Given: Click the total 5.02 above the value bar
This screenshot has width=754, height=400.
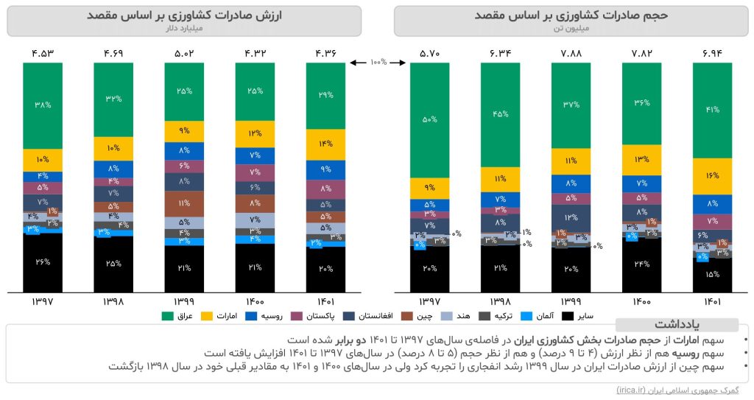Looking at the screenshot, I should (x=184, y=53).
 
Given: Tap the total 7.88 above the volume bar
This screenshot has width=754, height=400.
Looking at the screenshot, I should (x=571, y=53).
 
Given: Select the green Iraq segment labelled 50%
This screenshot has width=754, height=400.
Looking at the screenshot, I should (x=430, y=119).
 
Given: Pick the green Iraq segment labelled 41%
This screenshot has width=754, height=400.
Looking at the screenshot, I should (x=713, y=110).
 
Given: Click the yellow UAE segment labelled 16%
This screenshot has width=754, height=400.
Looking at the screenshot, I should (x=713, y=176).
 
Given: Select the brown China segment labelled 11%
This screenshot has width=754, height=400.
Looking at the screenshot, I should (x=184, y=203).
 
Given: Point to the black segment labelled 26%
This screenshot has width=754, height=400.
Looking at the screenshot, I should (x=43, y=262).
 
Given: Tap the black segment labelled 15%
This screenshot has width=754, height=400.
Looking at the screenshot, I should (x=713, y=275).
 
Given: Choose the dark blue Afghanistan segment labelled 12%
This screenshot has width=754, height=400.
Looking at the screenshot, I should (x=571, y=218).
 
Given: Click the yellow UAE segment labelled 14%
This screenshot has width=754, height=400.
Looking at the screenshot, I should (x=325, y=144).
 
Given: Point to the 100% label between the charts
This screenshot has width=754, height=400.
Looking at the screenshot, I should (x=378, y=63).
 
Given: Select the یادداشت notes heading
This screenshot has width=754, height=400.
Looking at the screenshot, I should (x=675, y=325).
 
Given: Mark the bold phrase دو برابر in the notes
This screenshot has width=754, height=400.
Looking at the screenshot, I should (x=357, y=340).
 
